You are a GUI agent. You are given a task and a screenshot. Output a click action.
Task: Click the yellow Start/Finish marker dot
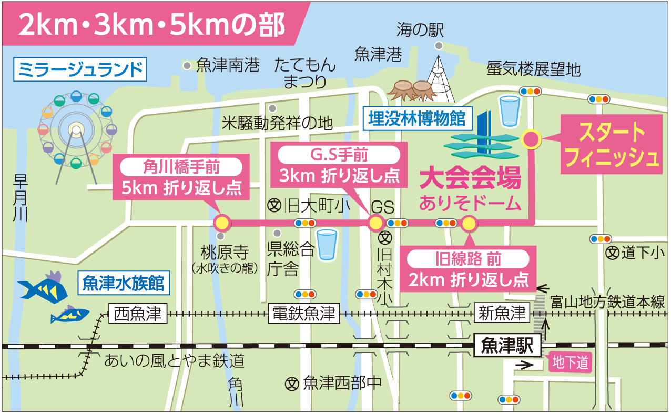pyautogui.click(x=531, y=139)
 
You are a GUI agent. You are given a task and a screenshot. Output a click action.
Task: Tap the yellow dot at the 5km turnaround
pyautogui.click(x=222, y=223)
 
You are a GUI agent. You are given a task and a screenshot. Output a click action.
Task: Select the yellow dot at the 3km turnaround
pyautogui.click(x=375, y=223)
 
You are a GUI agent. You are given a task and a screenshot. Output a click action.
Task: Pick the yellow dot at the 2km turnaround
pyautogui.click(x=469, y=224)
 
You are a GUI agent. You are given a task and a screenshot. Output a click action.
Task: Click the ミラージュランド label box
pyautogui.click(x=80, y=69)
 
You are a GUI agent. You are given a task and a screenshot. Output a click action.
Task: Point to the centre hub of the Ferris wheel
pyautogui.click(x=76, y=129)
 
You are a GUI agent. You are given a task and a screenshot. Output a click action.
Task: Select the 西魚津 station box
pyautogui.click(x=138, y=314)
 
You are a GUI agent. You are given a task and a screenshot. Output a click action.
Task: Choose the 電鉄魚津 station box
pyautogui.click(x=304, y=314)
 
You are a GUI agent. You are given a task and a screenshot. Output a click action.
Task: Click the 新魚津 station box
pyautogui.click(x=502, y=314)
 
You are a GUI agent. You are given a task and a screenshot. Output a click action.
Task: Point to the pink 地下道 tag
pyautogui.click(x=570, y=362)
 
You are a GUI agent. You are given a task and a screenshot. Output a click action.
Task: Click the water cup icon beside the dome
pyautogui.click(x=509, y=110)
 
